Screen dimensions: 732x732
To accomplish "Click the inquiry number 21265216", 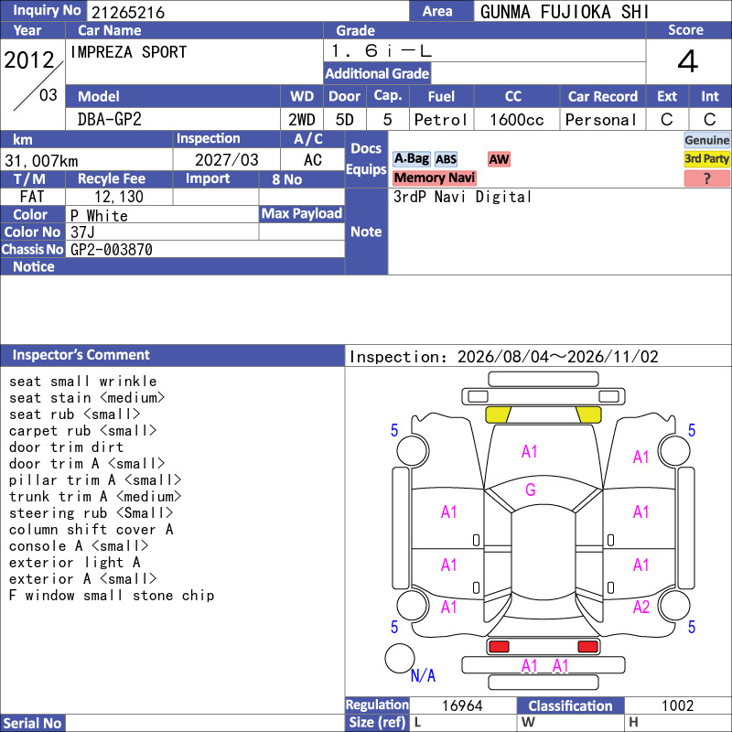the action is pos(128,12).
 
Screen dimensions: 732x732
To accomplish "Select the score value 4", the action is pos(688,61).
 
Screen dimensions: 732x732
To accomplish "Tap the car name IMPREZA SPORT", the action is pos(128,52).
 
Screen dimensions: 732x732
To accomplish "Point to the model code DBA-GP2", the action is pos(109,120).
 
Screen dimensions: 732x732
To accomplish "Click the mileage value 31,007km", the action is pos(41,161).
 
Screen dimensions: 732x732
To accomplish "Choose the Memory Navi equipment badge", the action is pos(434,178).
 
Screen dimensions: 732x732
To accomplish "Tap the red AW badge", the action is pos(499,159).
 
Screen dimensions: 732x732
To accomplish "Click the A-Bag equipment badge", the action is pos(411,158).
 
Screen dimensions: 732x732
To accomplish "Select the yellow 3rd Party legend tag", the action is pos(706,158).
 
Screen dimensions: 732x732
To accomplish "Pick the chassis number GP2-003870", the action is pos(111,250).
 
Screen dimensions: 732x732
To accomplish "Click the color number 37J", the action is pos(82,232).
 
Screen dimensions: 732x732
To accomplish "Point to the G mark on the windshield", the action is pos(531,490).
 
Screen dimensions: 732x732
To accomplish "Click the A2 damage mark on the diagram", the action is pos(641,607).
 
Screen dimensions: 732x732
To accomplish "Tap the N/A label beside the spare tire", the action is pos(423,675).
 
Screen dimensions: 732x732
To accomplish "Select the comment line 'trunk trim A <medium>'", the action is pos(95,496).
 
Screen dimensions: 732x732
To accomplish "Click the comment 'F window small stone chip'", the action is pos(112,596).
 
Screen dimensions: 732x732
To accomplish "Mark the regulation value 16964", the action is pos(462,705).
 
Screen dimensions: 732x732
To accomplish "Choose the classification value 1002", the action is pos(677,705).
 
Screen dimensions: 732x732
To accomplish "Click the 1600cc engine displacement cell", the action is pos(517,120).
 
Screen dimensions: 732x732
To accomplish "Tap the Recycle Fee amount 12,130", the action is pos(119,197).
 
